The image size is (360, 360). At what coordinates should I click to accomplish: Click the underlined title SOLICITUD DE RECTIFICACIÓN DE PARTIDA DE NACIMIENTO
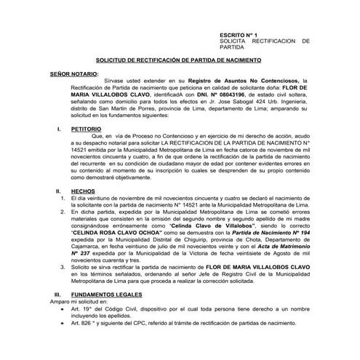[180, 63]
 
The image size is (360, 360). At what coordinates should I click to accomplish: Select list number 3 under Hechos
[63, 268]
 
